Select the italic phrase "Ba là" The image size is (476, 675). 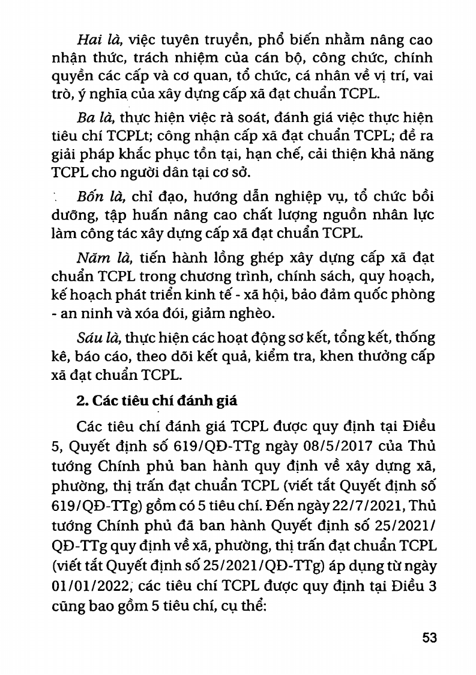(x=95, y=118)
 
